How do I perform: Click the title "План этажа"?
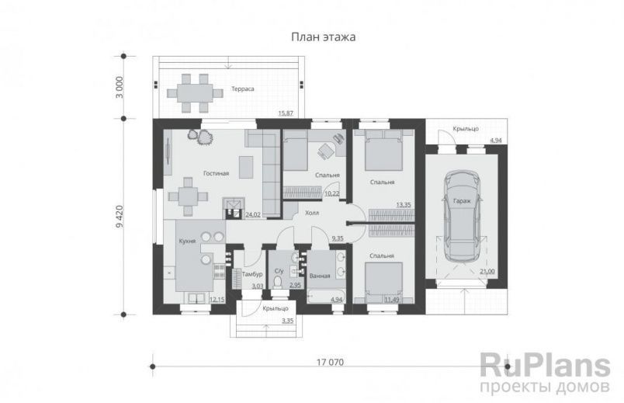click(x=323, y=37)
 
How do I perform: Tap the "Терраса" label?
click(x=243, y=89)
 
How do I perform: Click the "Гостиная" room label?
click(x=216, y=173)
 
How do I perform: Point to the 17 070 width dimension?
click(x=330, y=363)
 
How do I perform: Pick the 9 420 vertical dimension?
click(x=120, y=216)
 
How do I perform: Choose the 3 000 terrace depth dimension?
click(x=120, y=87)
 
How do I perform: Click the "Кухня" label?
click(x=187, y=241)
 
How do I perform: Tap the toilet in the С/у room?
click(x=278, y=283)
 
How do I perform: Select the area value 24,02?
click(x=253, y=214)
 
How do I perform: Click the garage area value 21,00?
click(x=487, y=271)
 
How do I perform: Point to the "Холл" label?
click(x=312, y=213)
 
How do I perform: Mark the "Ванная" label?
click(x=320, y=276)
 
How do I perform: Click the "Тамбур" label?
click(x=252, y=274)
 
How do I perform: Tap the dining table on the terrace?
click(x=195, y=94)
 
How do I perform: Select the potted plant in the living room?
click(x=201, y=136)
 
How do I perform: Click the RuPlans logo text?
click(x=545, y=366)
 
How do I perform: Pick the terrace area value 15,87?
click(x=286, y=113)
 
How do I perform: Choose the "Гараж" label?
click(x=462, y=201)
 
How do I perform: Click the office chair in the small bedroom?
click(x=325, y=151)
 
